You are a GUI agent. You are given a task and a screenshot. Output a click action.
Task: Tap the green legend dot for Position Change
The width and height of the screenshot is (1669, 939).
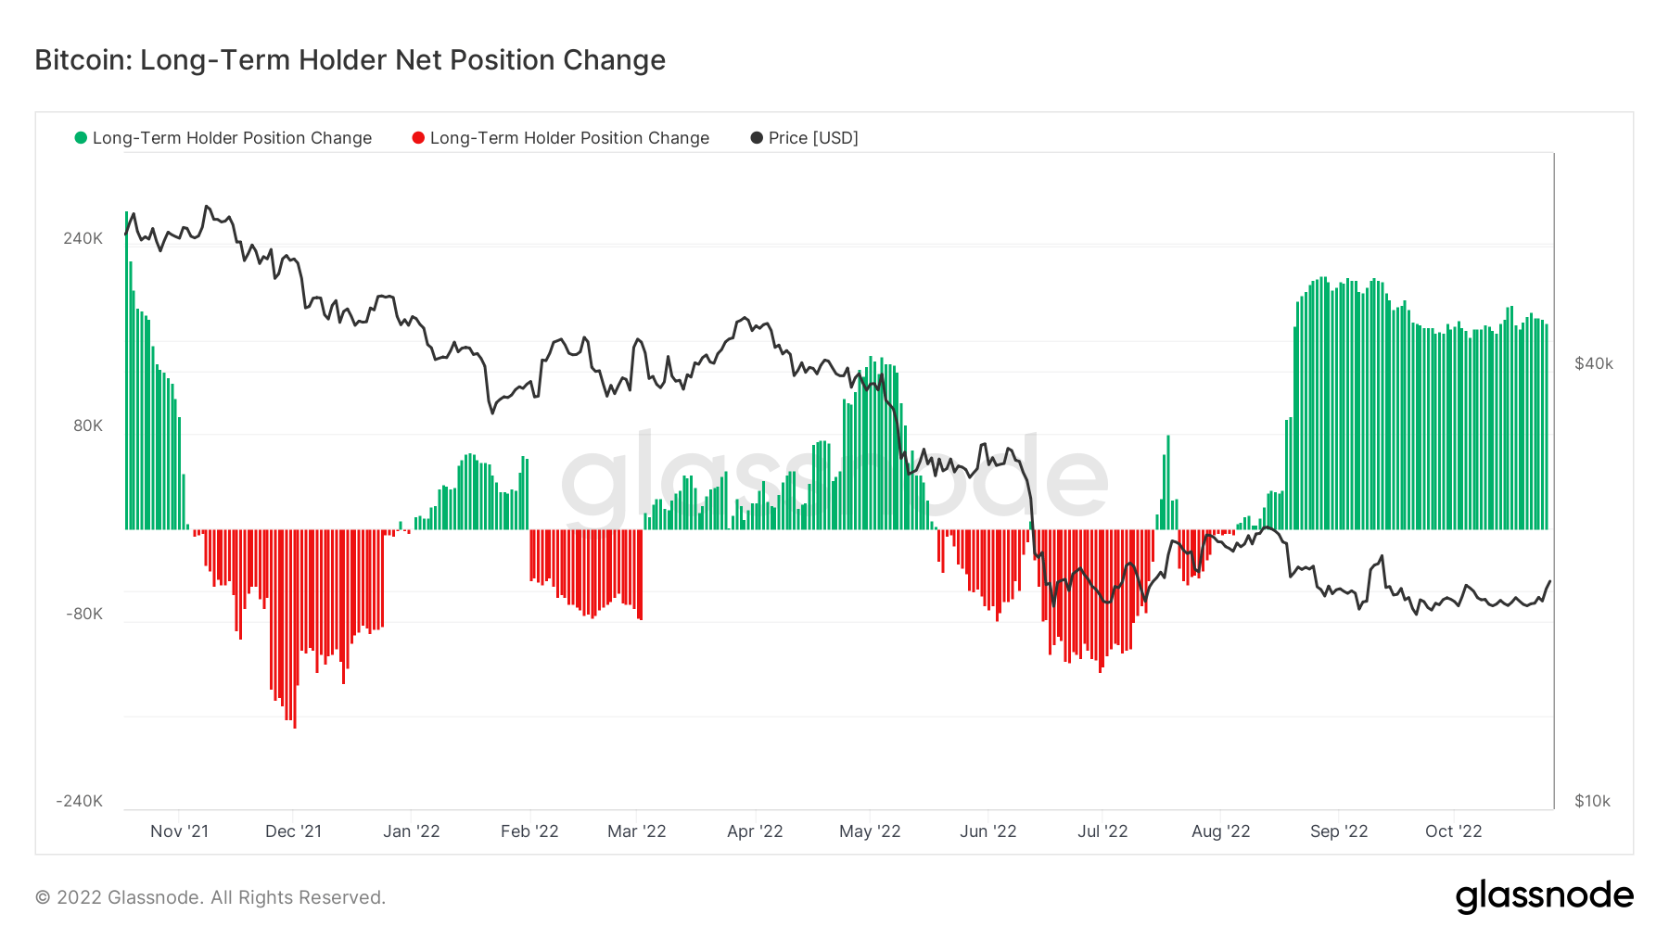click(81, 138)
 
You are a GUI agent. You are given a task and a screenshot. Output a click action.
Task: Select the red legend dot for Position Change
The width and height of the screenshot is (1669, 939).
click(418, 138)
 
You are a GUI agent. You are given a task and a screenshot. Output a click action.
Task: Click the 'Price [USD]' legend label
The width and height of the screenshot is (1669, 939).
click(812, 138)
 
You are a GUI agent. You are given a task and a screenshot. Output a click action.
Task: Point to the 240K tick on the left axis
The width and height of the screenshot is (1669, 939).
click(83, 238)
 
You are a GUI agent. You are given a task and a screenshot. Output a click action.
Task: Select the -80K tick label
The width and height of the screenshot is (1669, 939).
click(83, 614)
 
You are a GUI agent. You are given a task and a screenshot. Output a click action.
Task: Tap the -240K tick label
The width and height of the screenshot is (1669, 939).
click(79, 801)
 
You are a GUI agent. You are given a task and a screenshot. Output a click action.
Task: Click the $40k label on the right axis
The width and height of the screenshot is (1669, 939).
click(1593, 363)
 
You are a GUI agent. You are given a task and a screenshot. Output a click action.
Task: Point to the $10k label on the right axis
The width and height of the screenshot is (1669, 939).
click(1592, 801)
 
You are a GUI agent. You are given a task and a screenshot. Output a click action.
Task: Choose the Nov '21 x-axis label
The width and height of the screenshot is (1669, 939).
click(179, 831)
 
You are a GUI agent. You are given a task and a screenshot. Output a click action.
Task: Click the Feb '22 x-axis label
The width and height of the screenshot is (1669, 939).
click(529, 831)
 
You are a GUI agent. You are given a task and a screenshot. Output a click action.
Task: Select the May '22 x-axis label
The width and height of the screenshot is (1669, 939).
click(870, 831)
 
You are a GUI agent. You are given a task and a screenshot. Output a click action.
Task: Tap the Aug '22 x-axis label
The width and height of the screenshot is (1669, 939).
click(1220, 831)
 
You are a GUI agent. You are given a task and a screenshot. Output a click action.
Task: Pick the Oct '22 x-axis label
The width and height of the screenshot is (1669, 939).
click(1453, 831)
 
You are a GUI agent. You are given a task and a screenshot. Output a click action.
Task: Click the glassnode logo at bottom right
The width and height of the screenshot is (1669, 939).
click(1544, 896)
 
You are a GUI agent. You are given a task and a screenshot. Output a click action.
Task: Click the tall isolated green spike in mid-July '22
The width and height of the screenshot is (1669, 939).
click(1168, 482)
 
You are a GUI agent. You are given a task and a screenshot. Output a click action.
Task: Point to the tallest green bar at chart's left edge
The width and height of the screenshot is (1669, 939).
click(127, 371)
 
